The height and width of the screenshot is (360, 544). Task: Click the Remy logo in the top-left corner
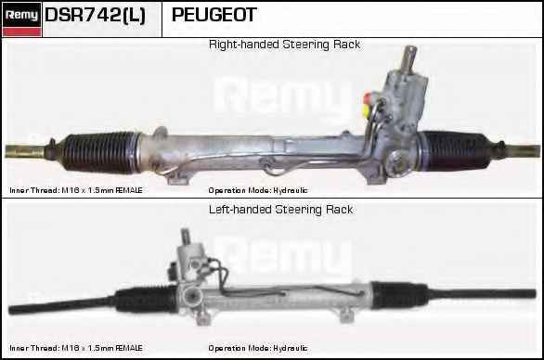[22, 19]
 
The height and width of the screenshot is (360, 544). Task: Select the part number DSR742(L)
[95, 15]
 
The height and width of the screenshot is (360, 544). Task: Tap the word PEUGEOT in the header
[214, 15]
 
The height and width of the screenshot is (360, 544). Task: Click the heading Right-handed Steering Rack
[284, 45]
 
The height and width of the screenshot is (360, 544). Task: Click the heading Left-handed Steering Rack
[280, 210]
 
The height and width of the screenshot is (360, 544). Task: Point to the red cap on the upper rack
[367, 97]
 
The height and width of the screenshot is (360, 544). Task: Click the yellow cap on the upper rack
[366, 110]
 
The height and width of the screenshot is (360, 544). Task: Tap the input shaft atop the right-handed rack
[409, 58]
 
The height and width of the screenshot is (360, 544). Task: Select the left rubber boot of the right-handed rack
[100, 152]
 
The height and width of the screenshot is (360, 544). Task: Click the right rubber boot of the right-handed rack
[455, 151]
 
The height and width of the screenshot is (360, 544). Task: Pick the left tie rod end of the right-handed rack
[26, 151]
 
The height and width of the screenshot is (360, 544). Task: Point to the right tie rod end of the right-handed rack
[522, 151]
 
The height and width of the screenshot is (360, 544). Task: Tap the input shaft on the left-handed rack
[186, 237]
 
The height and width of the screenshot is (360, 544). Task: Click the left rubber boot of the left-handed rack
[147, 299]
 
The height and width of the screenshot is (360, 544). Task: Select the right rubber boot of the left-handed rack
[400, 295]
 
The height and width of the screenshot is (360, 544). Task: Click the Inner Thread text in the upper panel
[76, 190]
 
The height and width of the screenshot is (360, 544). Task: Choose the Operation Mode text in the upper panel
[258, 190]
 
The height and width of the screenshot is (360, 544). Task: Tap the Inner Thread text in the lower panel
[76, 348]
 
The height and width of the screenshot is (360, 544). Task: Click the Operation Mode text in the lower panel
[258, 348]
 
